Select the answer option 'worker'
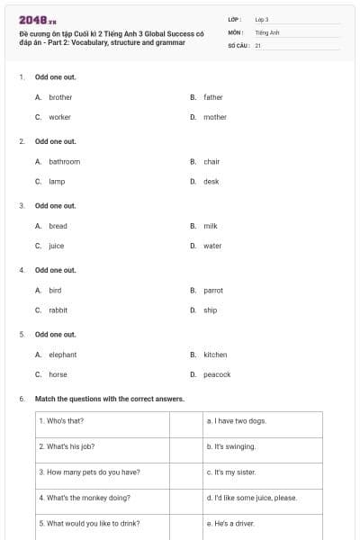59,117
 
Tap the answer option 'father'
213,97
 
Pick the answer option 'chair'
211,162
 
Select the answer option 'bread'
58,226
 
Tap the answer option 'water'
212,246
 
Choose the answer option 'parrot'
213,291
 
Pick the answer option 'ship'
211,310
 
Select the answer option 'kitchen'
215,355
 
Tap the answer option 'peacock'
217,374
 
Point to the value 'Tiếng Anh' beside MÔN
267,31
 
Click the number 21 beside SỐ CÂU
258,44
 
